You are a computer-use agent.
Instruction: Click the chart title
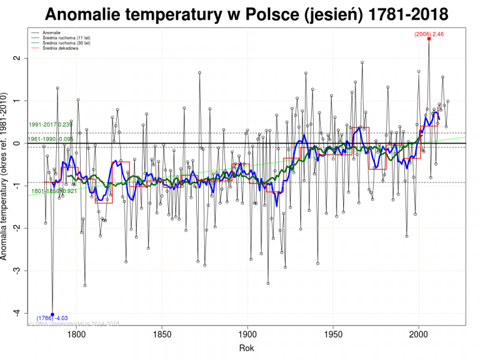246,14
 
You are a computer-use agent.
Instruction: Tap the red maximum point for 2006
429,39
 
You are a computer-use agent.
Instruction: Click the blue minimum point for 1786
52,314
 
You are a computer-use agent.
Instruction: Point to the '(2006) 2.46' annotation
429,32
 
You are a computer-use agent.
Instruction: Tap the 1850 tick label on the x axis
162,334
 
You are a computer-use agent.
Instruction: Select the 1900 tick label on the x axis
247,334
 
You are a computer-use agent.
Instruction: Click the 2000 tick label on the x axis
419,334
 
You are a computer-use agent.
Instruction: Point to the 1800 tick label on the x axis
76,334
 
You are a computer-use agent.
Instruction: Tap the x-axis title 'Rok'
247,347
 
